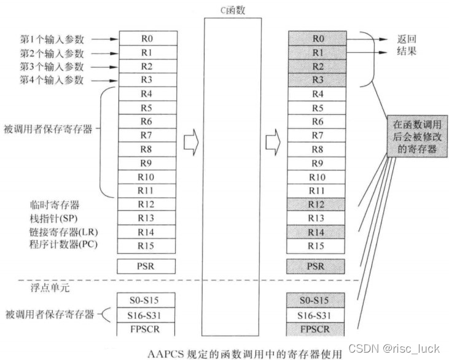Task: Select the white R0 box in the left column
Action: tap(146, 39)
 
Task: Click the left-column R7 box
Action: tap(146, 135)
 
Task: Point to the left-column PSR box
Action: tap(146, 267)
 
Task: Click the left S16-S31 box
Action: tap(146, 315)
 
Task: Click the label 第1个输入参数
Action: tap(52, 39)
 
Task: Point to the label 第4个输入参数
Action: tap(52, 80)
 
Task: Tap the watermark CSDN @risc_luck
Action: tap(394, 349)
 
